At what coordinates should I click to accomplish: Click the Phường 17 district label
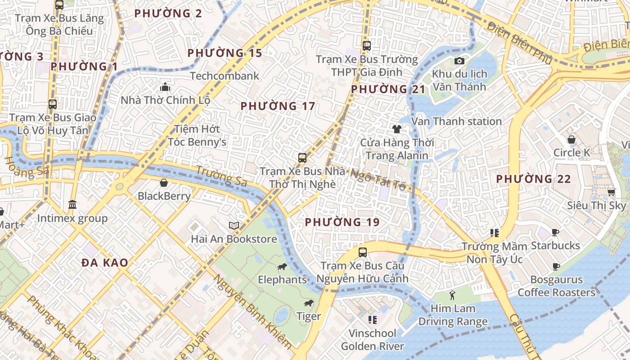(278, 106)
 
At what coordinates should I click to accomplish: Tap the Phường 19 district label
(342, 222)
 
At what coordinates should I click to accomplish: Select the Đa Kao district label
(105, 262)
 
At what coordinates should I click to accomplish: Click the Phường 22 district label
(533, 179)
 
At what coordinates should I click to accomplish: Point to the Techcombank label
(225, 76)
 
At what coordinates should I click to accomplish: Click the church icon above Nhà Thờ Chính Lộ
(165, 87)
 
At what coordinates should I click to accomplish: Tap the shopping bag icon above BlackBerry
(164, 183)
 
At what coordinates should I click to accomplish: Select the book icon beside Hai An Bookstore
(234, 225)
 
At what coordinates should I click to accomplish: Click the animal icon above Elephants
(282, 267)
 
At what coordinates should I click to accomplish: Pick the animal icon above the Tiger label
(309, 303)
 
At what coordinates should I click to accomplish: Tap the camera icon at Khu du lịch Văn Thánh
(459, 61)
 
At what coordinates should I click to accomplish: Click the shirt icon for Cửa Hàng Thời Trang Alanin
(396, 129)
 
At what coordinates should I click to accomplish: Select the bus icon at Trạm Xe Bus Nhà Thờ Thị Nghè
(302, 158)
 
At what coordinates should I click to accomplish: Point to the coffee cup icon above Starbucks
(555, 232)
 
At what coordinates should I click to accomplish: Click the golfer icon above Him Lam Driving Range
(453, 295)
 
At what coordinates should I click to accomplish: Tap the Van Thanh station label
(456, 121)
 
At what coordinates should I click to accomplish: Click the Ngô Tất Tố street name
(378, 180)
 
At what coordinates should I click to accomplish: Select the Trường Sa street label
(222, 176)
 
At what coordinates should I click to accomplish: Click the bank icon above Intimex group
(72, 205)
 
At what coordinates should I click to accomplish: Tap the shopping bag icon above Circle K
(571, 139)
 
